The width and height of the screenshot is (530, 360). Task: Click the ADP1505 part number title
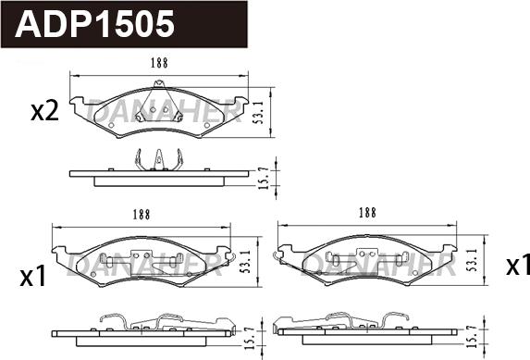[x=94, y=24]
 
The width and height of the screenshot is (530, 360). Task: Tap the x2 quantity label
[x=44, y=112]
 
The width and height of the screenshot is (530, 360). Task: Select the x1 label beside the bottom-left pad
[x=32, y=277]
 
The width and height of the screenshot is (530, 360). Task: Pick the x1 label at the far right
[x=517, y=266]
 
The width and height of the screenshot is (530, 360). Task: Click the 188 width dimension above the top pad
[x=159, y=63]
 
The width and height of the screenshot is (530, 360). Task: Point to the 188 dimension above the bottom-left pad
[x=141, y=215]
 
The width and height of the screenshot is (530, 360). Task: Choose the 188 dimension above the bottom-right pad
[x=367, y=213]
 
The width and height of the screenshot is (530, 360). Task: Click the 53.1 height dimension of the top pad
[x=260, y=112]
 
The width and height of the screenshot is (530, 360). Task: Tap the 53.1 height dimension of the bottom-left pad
[x=246, y=262]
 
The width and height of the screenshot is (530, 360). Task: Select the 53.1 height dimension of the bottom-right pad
[x=473, y=259]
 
